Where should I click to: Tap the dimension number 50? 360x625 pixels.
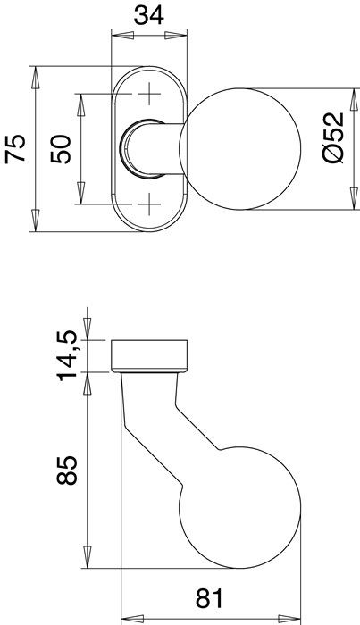(x=60, y=148)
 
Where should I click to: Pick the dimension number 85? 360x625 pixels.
(x=68, y=471)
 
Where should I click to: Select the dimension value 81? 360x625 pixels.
(x=207, y=596)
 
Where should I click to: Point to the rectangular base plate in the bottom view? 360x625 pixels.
(x=149, y=354)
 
